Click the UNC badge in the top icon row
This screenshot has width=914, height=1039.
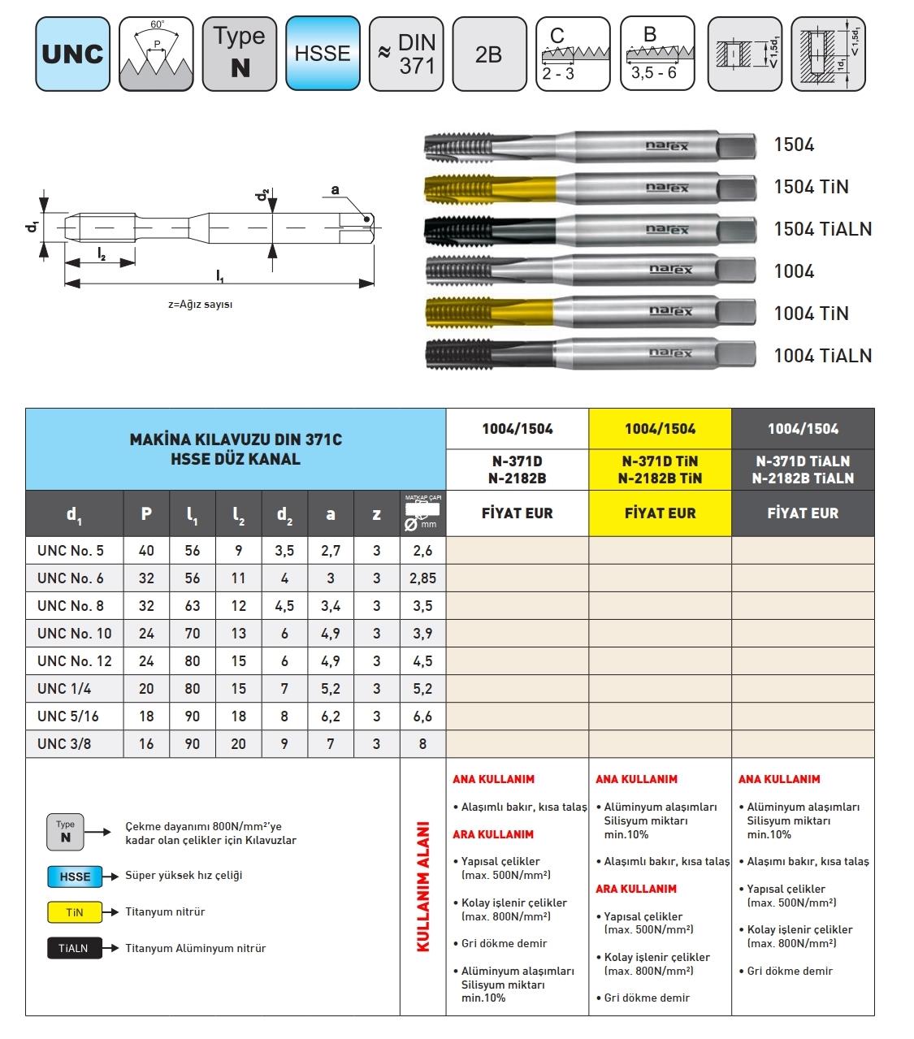pyautogui.click(x=72, y=54)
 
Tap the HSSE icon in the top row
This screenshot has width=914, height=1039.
pyautogui.click(x=323, y=54)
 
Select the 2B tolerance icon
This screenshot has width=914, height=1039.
pyautogui.click(x=488, y=54)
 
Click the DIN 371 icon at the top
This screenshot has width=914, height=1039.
pyautogui.click(x=405, y=54)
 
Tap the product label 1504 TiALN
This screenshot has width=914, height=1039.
pyautogui.click(x=822, y=229)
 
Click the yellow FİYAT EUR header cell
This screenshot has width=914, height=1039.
pyautogui.click(x=660, y=513)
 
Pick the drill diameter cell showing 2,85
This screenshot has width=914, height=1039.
pyautogui.click(x=422, y=578)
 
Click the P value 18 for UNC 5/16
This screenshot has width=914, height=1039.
pyautogui.click(x=146, y=716)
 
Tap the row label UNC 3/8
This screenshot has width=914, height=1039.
pyautogui.click(x=64, y=744)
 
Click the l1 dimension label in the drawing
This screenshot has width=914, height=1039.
pyautogui.click(x=220, y=277)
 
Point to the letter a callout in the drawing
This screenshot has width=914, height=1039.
pyautogui.click(x=335, y=190)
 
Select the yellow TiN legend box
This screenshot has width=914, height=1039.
pyautogui.click(x=75, y=912)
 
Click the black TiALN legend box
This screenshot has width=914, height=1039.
pyautogui.click(x=75, y=949)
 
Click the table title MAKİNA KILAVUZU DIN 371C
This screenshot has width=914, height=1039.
pyautogui.click(x=236, y=439)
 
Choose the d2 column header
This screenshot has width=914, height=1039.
pyautogui.click(x=284, y=514)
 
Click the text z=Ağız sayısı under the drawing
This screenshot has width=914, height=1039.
pyautogui.click(x=200, y=305)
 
